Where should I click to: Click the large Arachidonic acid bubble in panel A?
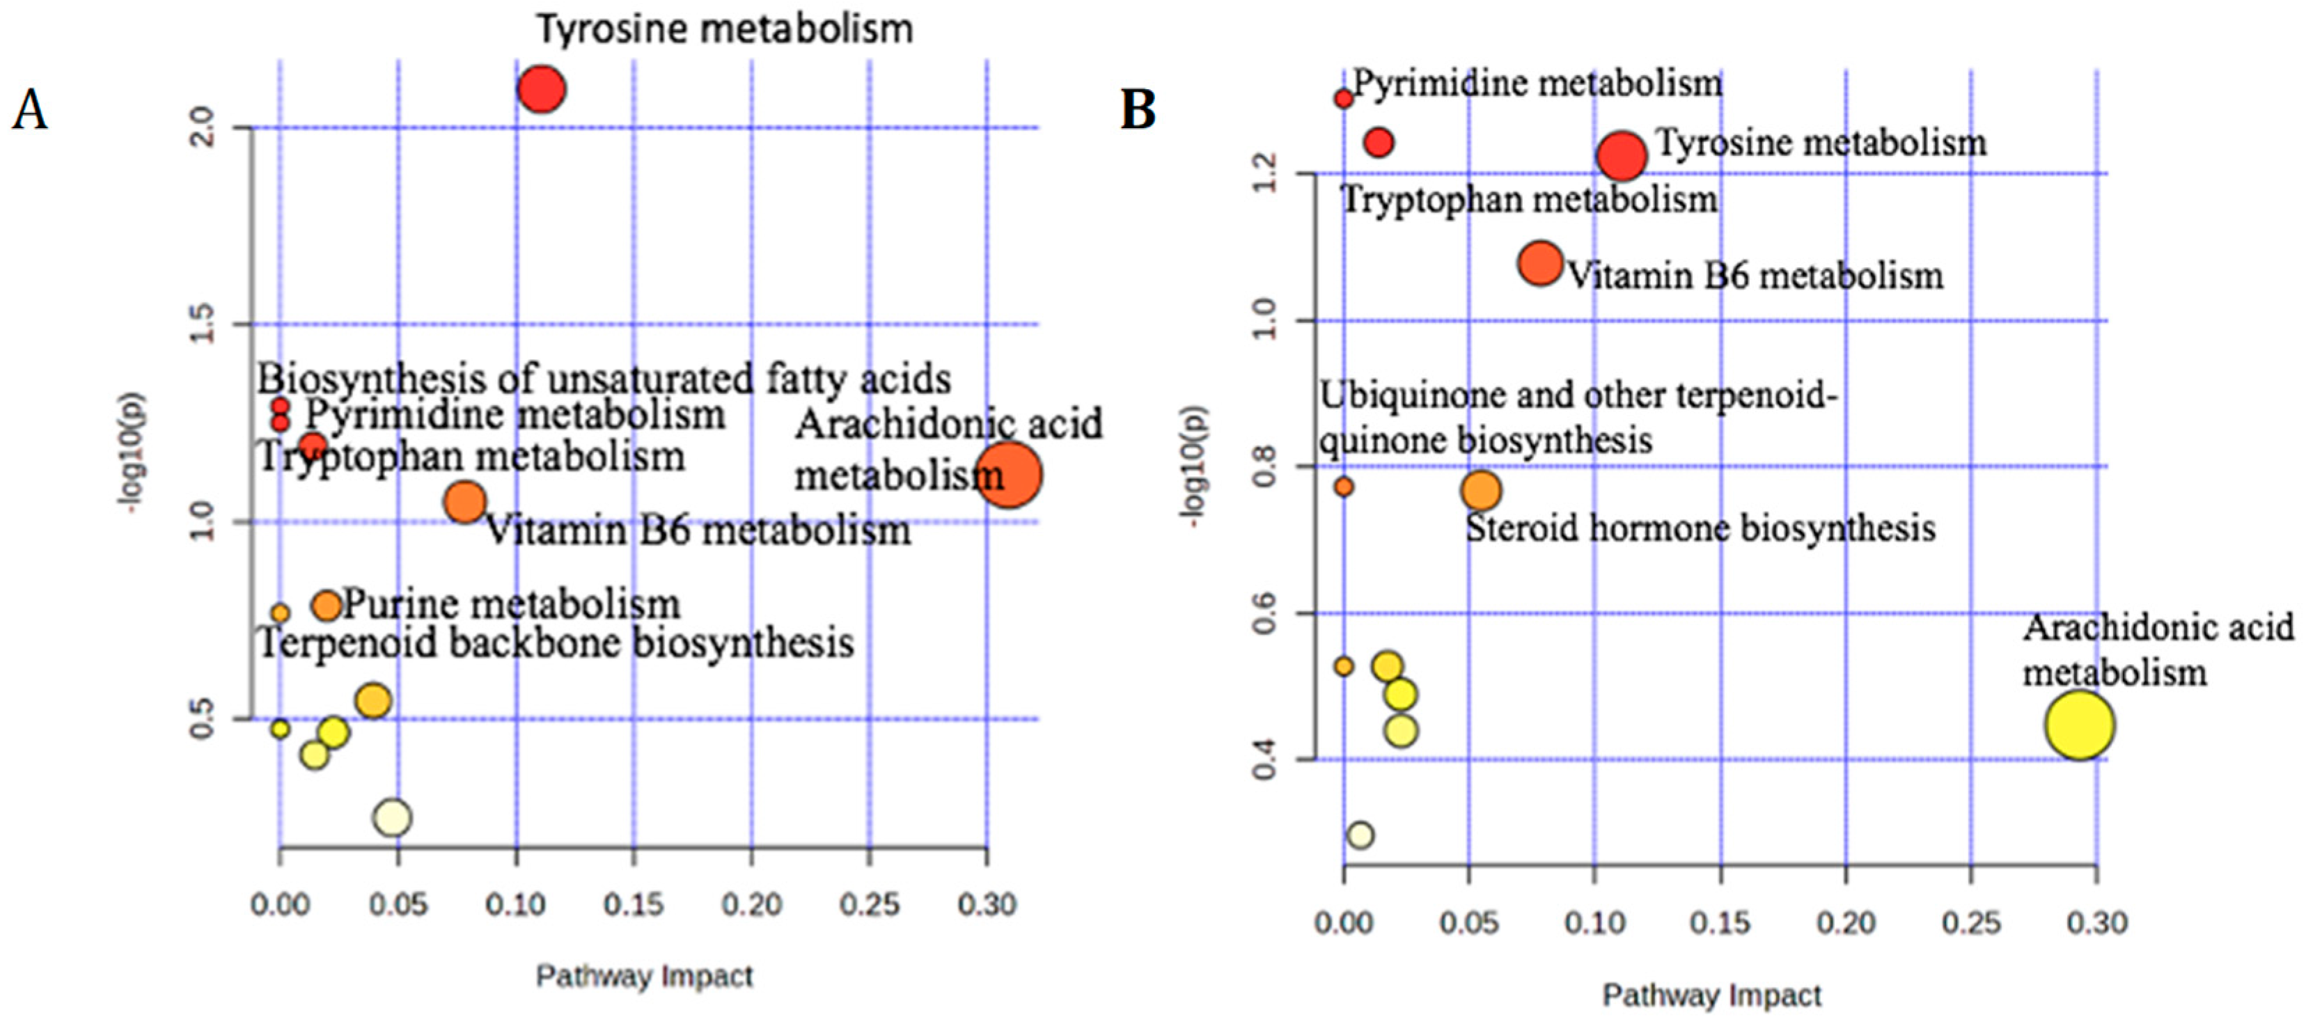click(x=1009, y=475)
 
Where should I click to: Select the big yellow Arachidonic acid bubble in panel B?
click(x=2078, y=725)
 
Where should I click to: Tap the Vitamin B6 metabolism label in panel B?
click(x=1755, y=276)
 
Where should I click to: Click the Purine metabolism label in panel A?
click(x=511, y=604)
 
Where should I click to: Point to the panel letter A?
click(x=29, y=112)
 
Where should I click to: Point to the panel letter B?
click(x=1138, y=111)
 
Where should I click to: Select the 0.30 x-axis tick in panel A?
click(x=987, y=904)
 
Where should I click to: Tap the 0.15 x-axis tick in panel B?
click(x=1720, y=922)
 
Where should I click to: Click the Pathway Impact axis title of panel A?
click(x=643, y=976)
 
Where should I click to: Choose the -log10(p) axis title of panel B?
click(x=1196, y=466)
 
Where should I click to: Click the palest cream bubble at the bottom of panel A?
click(x=393, y=817)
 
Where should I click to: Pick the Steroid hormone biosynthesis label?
click(x=1699, y=528)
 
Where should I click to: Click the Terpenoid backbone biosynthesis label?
click(x=556, y=642)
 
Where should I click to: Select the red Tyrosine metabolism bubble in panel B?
click(x=1621, y=156)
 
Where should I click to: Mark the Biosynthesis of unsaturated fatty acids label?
click(x=604, y=379)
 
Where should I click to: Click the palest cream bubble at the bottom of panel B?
click(x=1360, y=835)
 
